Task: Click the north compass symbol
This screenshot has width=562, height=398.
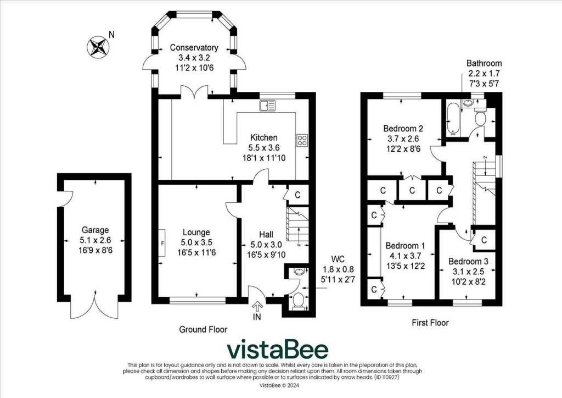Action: [x=97, y=46]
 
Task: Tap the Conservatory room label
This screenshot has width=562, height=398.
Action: [x=194, y=48]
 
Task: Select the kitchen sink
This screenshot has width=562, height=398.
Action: [x=269, y=106]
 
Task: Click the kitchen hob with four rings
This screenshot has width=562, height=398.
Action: [x=302, y=140]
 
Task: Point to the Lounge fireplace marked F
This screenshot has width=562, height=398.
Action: [x=162, y=242]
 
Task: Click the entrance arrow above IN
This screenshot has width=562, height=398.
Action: [x=257, y=307]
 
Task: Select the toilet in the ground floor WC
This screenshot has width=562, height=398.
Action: [x=298, y=301]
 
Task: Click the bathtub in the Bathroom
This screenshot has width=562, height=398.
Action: [x=454, y=119]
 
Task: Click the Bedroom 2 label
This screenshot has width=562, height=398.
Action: [x=402, y=129]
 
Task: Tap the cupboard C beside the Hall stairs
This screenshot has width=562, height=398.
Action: [x=297, y=195]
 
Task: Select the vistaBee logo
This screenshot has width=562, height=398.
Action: [x=278, y=350]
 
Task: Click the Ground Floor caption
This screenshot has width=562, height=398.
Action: [x=203, y=329]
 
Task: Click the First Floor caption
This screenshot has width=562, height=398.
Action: [x=430, y=323]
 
